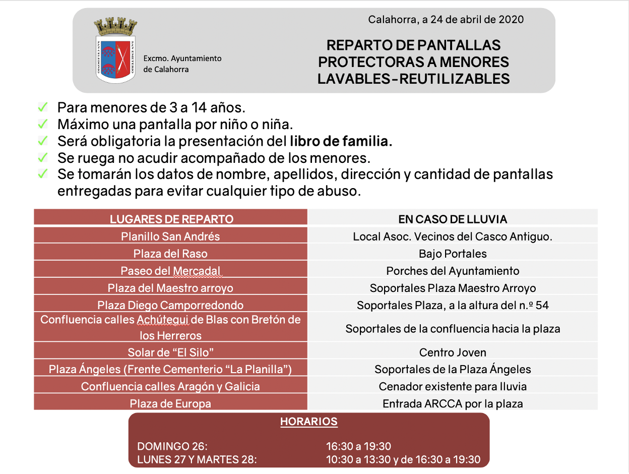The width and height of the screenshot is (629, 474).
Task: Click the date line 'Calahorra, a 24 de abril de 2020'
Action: pyautogui.click(x=446, y=20)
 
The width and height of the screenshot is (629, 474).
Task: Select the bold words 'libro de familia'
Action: pyautogui.click(x=341, y=142)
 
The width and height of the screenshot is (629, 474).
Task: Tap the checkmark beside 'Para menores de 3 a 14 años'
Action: pyautogui.click(x=43, y=107)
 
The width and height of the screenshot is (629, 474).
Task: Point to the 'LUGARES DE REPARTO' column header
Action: pyautogui.click(x=171, y=219)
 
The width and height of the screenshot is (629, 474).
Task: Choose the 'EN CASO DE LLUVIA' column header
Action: pyautogui.click(x=453, y=219)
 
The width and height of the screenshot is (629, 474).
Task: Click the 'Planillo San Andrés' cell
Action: pyautogui.click(x=170, y=236)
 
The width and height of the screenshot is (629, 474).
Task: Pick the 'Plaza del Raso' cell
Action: pyautogui.click(x=170, y=253)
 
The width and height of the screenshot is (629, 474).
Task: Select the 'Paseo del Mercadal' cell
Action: pyautogui.click(x=170, y=271)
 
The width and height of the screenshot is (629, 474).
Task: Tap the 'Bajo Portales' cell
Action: pyautogui.click(x=453, y=253)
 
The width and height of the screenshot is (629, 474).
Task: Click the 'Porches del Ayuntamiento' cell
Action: pyautogui.click(x=453, y=271)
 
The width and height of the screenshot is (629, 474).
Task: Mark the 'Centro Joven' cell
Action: pyautogui.click(x=453, y=352)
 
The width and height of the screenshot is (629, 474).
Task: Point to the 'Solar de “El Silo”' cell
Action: pyautogui.click(x=170, y=352)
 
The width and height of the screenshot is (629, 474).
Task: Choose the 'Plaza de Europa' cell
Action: pyautogui.click(x=170, y=403)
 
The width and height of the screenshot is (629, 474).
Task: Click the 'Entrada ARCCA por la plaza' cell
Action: pyautogui.click(x=453, y=403)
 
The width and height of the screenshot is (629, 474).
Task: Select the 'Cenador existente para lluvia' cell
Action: pyautogui.click(x=453, y=386)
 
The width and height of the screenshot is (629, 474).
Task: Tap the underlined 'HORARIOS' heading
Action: pyautogui.click(x=308, y=422)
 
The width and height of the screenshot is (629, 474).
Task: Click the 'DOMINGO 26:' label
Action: pyautogui.click(x=172, y=446)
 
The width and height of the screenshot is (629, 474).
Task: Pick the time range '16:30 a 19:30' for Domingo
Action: pyautogui.click(x=358, y=446)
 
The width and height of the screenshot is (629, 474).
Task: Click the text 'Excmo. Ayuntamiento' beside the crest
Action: pyautogui.click(x=182, y=58)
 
